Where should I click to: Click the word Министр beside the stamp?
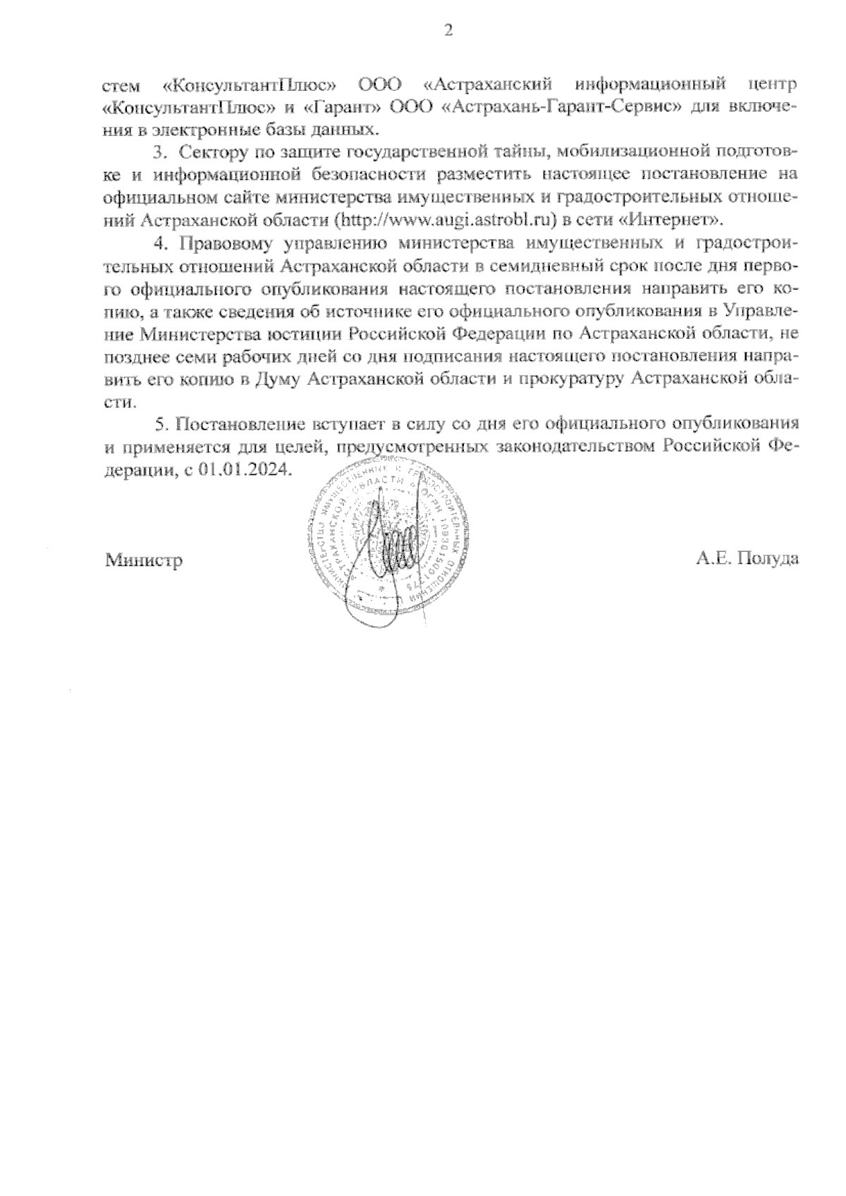coord(144,560)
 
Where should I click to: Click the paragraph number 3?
coord(159,151)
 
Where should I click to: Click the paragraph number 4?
coord(159,243)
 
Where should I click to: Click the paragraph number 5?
coord(159,424)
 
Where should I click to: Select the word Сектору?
coord(209,151)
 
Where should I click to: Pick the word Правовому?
coord(223,243)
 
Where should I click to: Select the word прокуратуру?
coord(571,379)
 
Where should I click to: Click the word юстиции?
coord(307,333)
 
